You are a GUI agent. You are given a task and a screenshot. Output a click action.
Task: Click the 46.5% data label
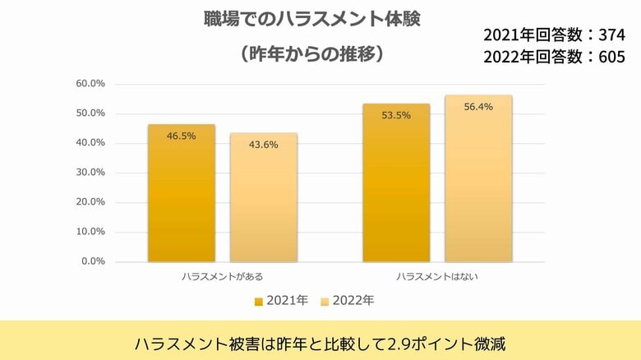tap(181, 136)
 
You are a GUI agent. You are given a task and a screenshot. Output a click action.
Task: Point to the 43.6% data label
tap(263, 145)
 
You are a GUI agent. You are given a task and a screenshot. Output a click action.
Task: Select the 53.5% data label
tap(396, 115)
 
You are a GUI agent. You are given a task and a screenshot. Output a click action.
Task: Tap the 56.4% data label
tap(478, 107)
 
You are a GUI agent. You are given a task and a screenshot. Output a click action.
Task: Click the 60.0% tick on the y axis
tap(90, 84)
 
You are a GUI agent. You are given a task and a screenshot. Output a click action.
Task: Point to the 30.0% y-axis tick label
tap(90, 173)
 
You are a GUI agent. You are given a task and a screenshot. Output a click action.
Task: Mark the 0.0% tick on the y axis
tap(93, 261)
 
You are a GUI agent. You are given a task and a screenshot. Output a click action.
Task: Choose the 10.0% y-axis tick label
tap(90, 232)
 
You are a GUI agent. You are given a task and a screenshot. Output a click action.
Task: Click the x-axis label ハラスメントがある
tap(222, 277)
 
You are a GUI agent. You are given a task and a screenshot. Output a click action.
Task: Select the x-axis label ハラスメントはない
tap(437, 277)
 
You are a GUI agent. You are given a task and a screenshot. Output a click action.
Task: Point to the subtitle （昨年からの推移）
tap(311, 54)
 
